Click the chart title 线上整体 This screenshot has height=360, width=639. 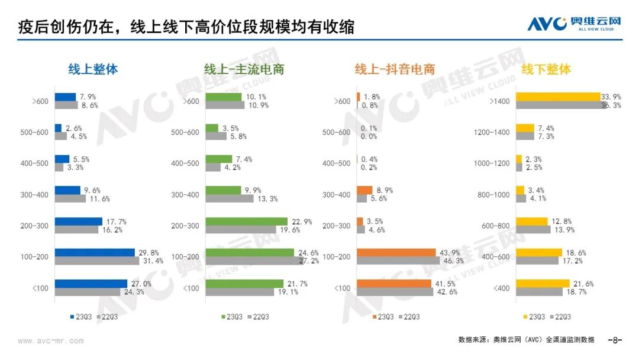click(x=93, y=69)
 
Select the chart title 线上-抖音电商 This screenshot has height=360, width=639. click(x=395, y=69)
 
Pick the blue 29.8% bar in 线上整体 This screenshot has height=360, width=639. click(x=95, y=252)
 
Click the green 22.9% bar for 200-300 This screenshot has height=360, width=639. click(x=246, y=221)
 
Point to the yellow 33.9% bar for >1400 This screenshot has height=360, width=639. click(x=558, y=97)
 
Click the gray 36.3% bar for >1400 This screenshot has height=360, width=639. click(x=561, y=105)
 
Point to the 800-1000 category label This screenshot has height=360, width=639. click(x=493, y=194)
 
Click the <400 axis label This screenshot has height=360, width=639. click(x=502, y=288)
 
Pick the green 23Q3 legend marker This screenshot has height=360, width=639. click(x=224, y=317)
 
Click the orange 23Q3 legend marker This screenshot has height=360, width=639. click(x=375, y=317)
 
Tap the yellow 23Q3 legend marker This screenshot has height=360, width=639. click(x=525, y=317)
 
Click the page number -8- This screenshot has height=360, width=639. click(x=615, y=340)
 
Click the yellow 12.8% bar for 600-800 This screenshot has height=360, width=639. click(x=532, y=221)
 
